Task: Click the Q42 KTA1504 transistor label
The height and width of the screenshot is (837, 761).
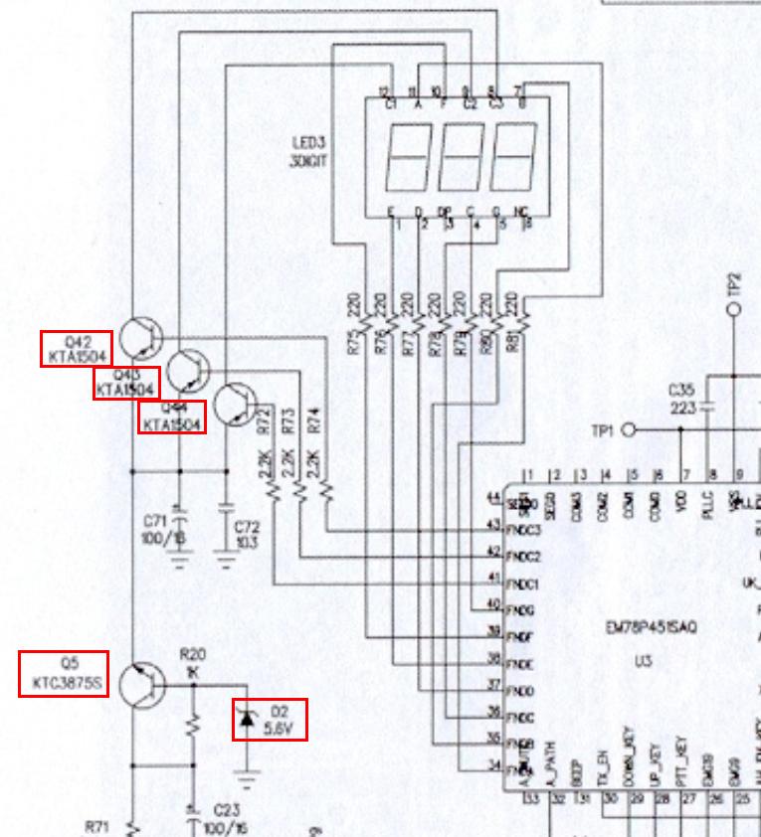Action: (77, 348)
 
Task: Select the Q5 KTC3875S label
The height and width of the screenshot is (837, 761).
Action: (64, 674)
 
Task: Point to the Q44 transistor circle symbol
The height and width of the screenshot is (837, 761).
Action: (236, 404)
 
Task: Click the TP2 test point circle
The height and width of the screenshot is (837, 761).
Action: (734, 309)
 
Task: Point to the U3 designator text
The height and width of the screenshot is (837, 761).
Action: (644, 659)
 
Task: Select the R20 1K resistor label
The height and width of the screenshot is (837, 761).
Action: (192, 663)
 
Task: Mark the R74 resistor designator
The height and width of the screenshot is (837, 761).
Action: (314, 420)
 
